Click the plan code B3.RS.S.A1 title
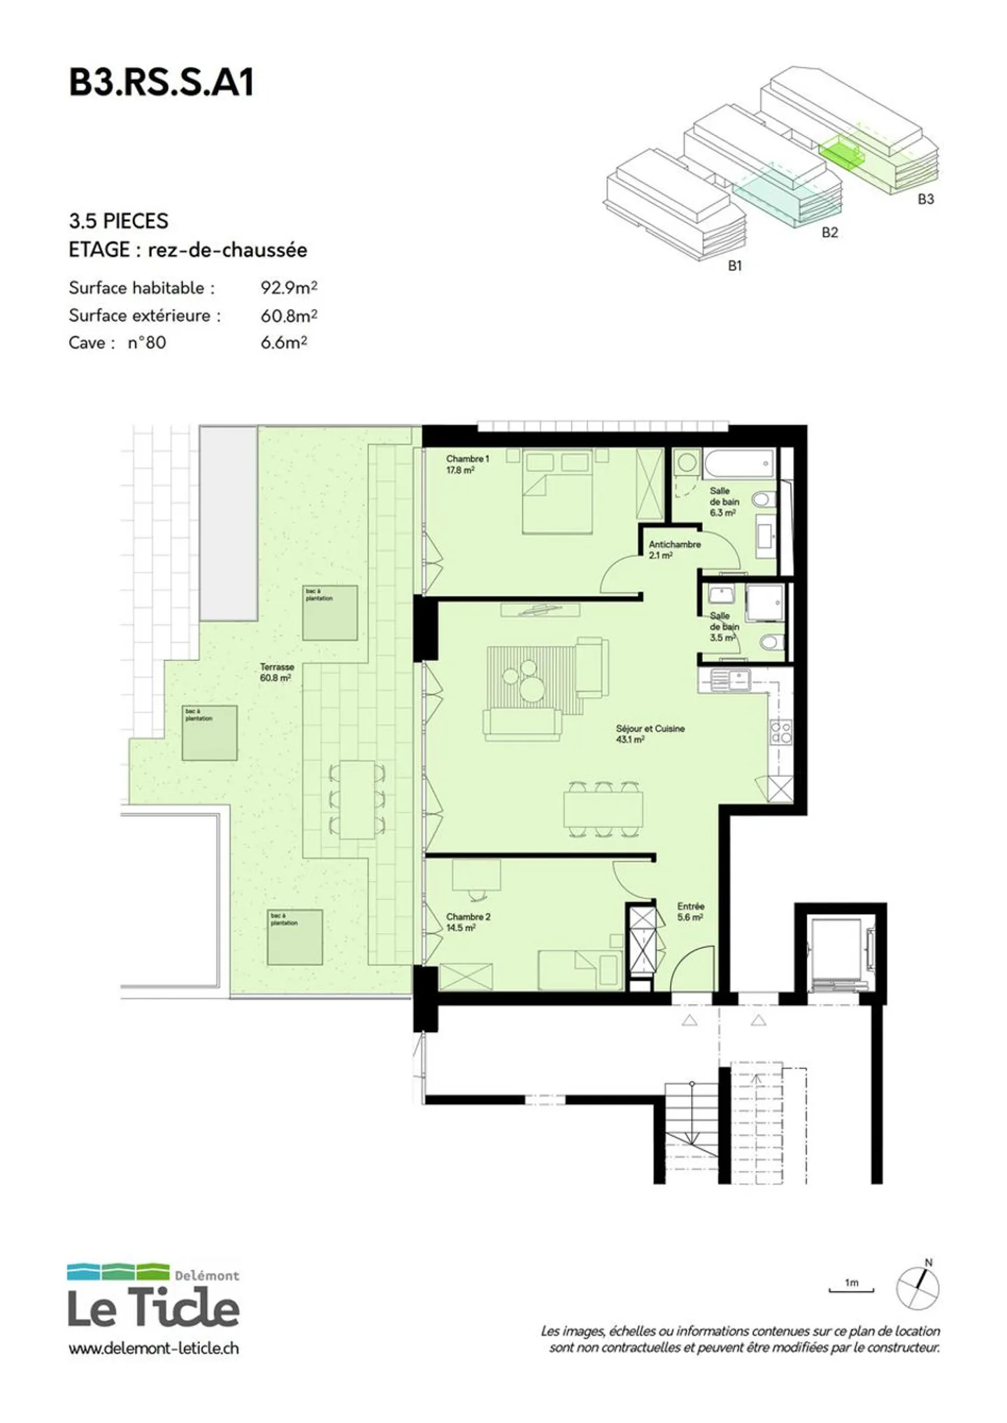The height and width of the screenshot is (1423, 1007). [161, 83]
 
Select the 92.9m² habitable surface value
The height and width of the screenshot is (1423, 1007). [289, 287]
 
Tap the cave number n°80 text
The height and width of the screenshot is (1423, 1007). [147, 343]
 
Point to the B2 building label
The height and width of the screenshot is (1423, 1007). [829, 233]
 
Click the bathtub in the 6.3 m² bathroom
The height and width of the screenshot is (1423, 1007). [740, 463]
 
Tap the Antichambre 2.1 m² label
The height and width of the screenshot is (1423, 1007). [674, 550]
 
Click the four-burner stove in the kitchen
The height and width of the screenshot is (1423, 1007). [780, 732]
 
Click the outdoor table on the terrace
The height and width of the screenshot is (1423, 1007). [357, 799]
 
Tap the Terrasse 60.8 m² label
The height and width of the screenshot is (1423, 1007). [276, 672]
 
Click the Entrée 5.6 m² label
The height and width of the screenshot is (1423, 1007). [690, 911]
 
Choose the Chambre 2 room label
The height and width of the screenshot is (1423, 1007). [468, 922]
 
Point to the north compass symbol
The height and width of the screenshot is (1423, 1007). [918, 1287]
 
